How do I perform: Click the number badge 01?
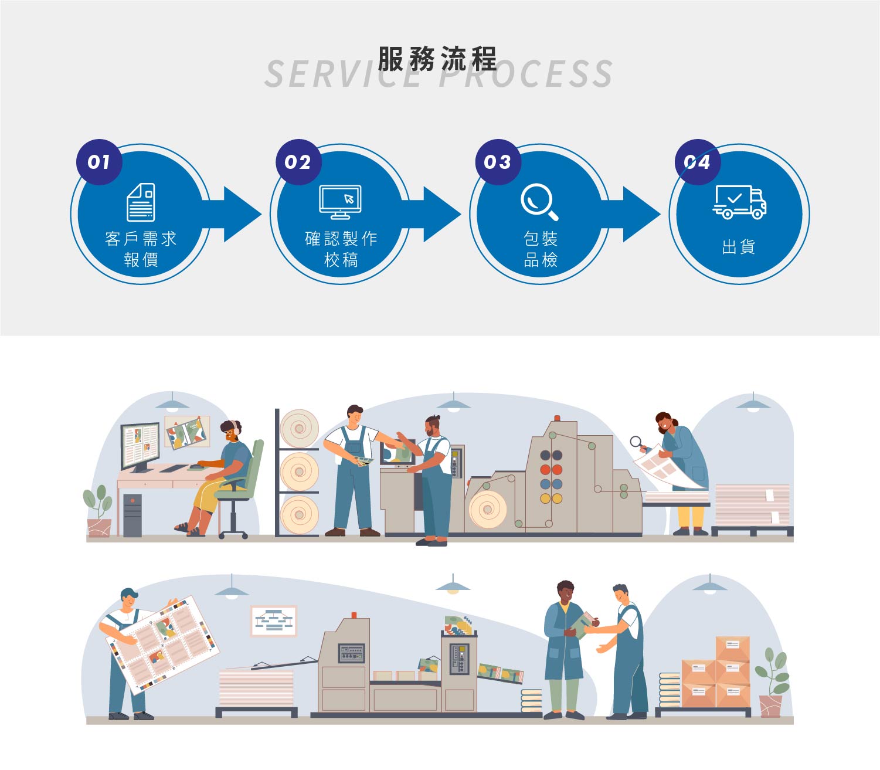[x=99, y=162]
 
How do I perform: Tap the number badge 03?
[x=498, y=162]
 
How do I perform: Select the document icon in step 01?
[x=141, y=202]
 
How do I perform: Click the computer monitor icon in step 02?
[x=340, y=202]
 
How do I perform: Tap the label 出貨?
[x=739, y=247]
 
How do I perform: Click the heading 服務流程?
[x=437, y=59]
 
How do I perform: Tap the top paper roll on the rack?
[x=299, y=428]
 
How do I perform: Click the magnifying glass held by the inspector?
[x=636, y=442]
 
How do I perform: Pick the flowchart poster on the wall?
[x=274, y=620]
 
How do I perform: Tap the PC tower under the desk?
[x=132, y=515]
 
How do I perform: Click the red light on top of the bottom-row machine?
[x=354, y=615]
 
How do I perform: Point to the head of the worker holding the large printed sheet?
[x=129, y=599]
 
